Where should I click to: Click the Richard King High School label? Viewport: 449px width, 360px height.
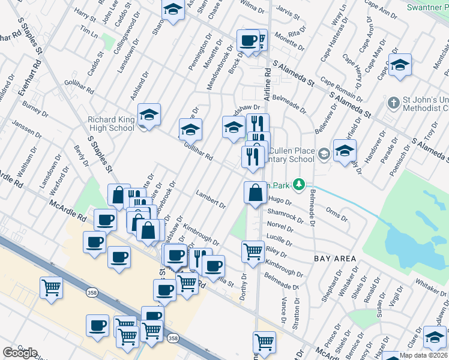(x=111, y=123)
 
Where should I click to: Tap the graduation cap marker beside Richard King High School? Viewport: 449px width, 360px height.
(x=149, y=115)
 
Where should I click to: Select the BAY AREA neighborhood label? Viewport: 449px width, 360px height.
(x=335, y=259)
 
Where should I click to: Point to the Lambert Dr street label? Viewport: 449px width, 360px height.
(x=211, y=200)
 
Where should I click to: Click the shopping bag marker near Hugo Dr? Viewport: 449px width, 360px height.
(x=255, y=193)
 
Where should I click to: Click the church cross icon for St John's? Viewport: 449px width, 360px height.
(x=393, y=103)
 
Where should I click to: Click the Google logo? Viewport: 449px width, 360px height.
(x=20, y=353)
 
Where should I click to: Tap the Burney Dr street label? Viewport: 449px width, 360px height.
(x=35, y=107)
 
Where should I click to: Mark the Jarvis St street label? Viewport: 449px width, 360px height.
(x=289, y=11)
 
